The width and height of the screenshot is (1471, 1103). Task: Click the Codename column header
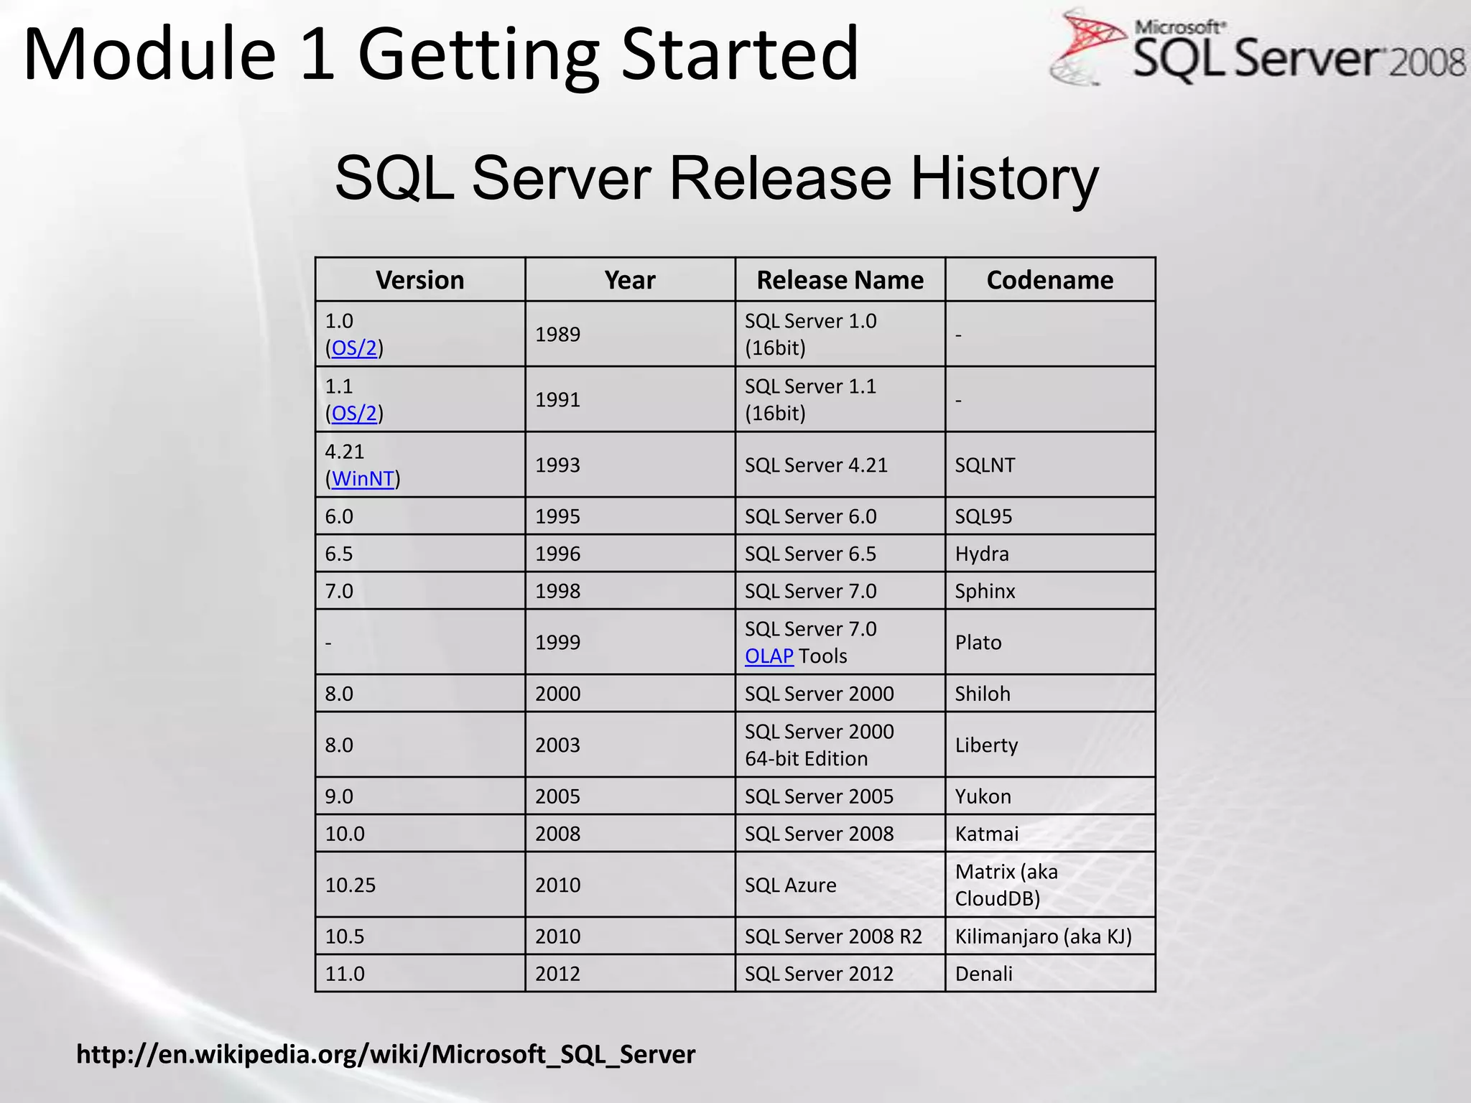[1049, 280]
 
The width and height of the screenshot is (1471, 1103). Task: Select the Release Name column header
[840, 280]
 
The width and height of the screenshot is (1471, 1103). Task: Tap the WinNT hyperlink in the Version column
[363, 478]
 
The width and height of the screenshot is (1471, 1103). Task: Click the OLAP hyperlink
[769, 656]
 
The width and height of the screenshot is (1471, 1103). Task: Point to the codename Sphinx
[985, 591]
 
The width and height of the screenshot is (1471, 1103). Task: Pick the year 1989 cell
[557, 334]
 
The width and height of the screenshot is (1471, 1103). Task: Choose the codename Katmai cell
[986, 834]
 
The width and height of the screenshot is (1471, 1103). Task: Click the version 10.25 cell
[351, 885]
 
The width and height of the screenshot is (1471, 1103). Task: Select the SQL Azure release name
[790, 885]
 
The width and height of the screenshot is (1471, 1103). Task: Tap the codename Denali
[983, 974]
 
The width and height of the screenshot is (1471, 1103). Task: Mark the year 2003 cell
[557, 745]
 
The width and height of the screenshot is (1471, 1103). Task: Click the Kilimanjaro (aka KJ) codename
[1043, 936]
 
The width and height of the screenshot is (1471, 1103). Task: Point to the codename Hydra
[982, 554]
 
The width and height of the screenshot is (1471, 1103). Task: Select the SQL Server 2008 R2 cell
[833, 936]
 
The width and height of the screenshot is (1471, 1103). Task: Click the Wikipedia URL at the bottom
[386, 1054]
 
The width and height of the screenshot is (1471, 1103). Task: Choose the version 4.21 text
[345, 452]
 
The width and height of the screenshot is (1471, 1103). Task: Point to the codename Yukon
[983, 796]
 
